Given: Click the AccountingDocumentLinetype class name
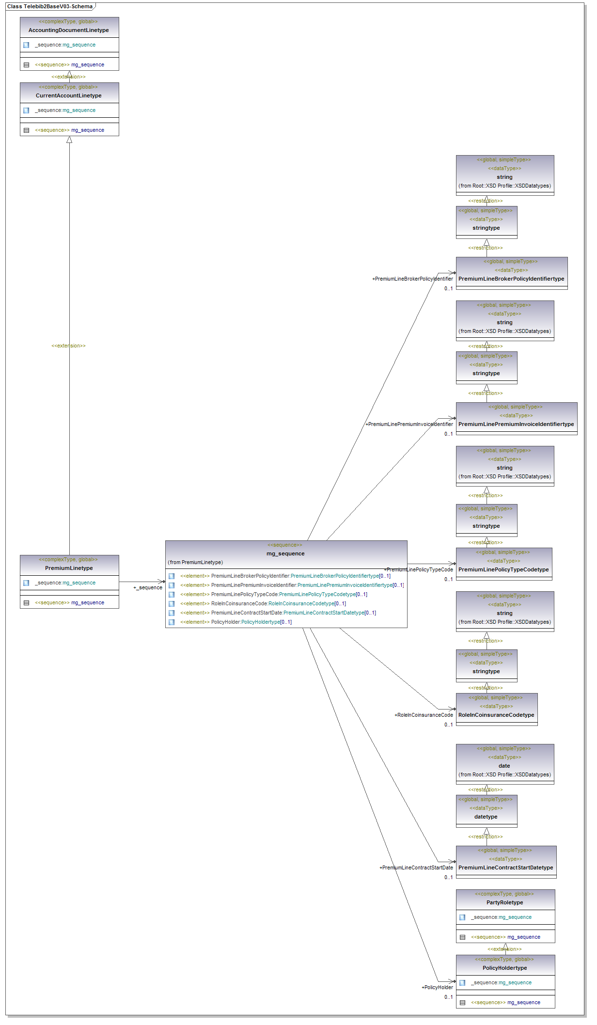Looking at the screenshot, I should pos(69,30).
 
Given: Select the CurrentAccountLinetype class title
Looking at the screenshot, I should pos(69,95).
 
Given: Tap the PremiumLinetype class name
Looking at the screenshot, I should pos(69,568).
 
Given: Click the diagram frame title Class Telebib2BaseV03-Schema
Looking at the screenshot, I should pos(50,6).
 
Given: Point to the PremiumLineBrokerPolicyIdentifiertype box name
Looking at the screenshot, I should pos(511,279).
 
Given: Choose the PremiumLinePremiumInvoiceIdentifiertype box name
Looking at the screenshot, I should pos(516,424).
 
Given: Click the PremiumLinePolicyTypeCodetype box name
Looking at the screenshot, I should pos(503,569).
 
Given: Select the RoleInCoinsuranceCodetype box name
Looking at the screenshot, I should pos(496,715).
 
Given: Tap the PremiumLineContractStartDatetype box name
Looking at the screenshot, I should pos(505,867).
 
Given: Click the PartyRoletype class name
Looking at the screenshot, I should pos(504,902).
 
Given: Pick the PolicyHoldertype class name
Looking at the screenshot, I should pos(504,968).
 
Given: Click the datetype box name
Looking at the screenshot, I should pos(486,817).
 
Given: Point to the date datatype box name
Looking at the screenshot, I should pos(504,766).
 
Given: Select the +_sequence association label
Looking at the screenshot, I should pos(148,587).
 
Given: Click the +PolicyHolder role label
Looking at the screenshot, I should pos(437,987).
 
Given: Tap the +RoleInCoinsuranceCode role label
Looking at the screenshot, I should pos(424,715).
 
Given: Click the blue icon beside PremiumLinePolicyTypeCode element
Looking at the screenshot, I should pos(172,595).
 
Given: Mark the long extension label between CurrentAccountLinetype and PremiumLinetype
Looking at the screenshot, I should pos(68,346).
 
